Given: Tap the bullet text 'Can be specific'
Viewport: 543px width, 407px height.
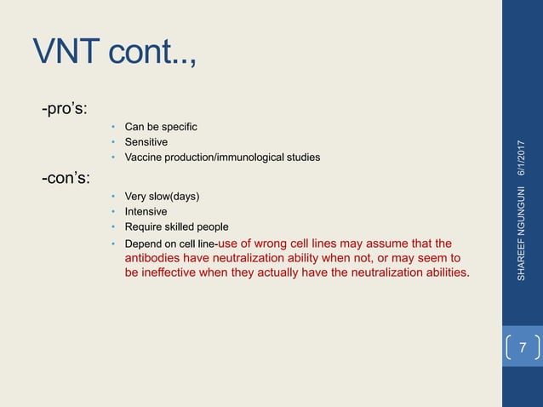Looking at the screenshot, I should (x=161, y=127).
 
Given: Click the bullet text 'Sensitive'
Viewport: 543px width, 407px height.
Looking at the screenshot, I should (x=146, y=142).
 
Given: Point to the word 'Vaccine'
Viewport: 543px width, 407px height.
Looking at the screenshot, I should (x=143, y=158).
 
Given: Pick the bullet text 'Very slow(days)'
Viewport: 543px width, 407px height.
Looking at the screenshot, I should (x=162, y=197).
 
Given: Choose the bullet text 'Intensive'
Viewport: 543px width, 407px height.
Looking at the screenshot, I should (x=146, y=211).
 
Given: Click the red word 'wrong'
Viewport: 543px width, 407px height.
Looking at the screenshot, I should (x=280, y=243).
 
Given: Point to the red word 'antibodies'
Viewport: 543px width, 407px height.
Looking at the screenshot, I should (x=154, y=258).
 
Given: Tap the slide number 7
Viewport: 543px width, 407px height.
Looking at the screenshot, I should (x=523, y=349).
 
